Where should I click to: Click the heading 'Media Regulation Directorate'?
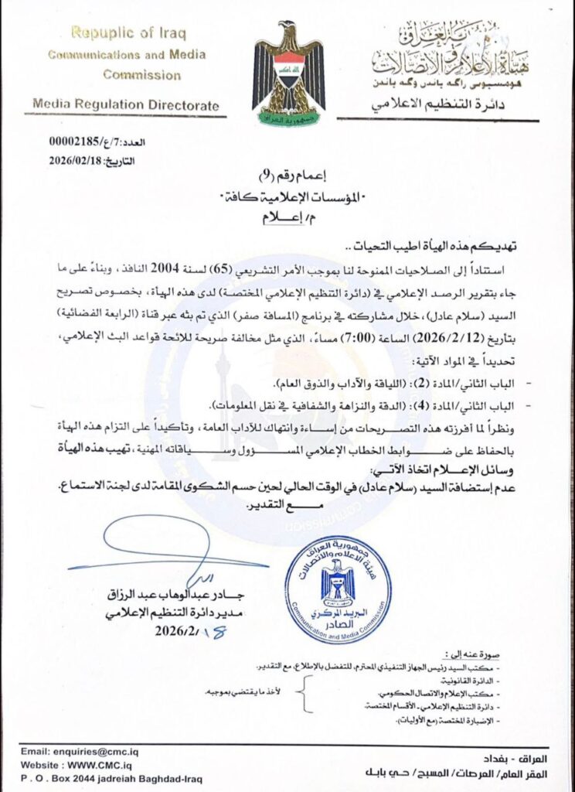[127, 105]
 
